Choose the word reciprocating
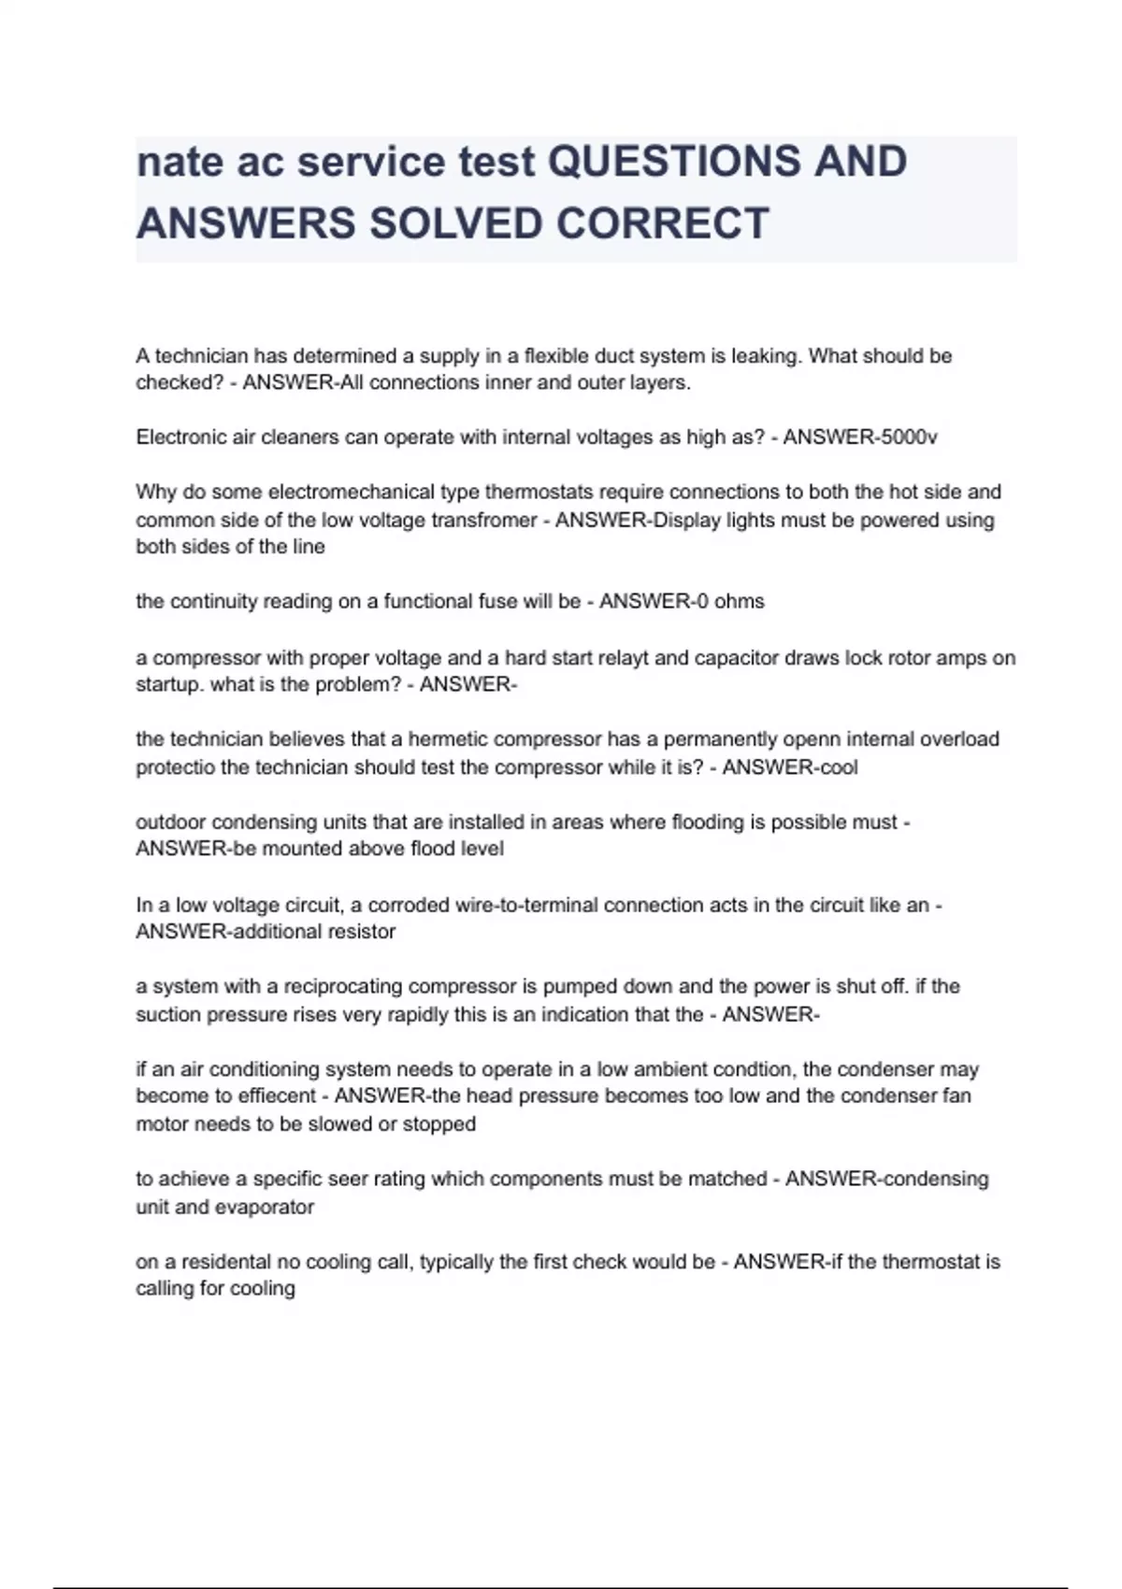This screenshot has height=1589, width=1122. point(343,987)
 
